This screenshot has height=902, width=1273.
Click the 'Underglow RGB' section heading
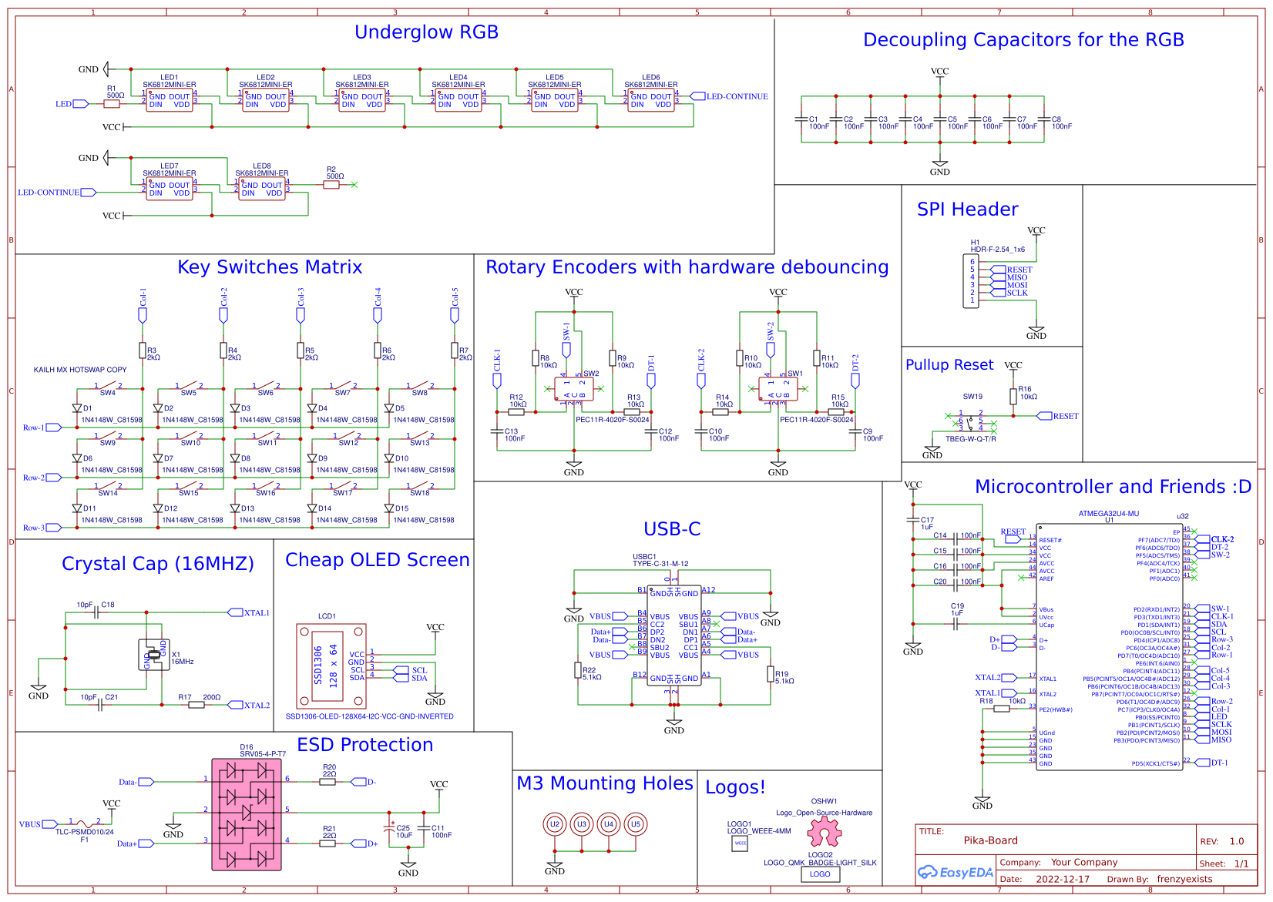click(x=426, y=32)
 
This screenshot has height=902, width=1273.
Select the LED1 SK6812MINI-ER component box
click(x=170, y=101)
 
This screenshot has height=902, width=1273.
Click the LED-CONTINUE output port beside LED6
click(x=697, y=96)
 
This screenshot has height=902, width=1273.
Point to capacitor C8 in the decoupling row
click(x=1044, y=119)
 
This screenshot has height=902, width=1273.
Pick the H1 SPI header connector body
click(x=972, y=281)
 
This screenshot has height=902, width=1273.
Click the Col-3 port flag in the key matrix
click(x=301, y=315)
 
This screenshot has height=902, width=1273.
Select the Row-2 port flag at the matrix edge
click(x=54, y=478)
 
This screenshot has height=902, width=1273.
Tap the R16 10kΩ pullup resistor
click(x=1013, y=396)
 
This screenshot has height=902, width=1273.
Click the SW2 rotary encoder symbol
click(x=574, y=390)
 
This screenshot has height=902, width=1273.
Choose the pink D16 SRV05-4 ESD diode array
click(x=247, y=814)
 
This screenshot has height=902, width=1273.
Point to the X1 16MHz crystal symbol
click(x=154, y=655)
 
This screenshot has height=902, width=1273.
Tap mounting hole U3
click(x=582, y=824)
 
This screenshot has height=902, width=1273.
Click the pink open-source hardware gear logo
click(x=824, y=831)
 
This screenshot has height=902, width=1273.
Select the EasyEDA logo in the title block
click(x=956, y=873)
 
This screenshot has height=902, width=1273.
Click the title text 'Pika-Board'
click(x=990, y=840)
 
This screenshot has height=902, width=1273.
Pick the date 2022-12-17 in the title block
click(x=1063, y=879)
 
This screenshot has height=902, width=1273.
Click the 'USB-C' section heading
click(x=672, y=529)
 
